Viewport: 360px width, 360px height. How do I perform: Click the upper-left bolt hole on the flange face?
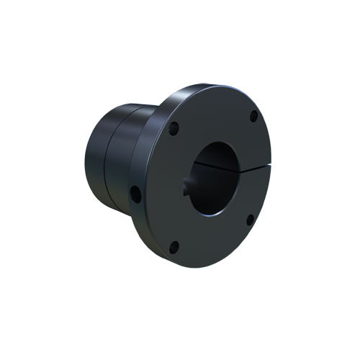(174, 130)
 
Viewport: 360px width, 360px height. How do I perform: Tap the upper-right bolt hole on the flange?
(253, 116)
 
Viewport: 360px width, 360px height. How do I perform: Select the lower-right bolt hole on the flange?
(250, 220)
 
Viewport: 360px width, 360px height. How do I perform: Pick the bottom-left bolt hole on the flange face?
(173, 248)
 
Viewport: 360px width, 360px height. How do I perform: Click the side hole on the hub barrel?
(135, 193)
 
